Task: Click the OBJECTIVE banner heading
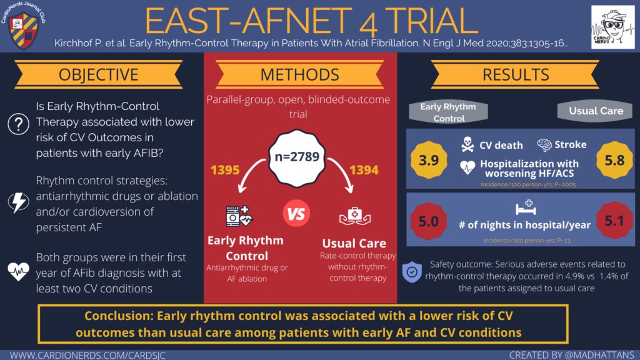point(98,75)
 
